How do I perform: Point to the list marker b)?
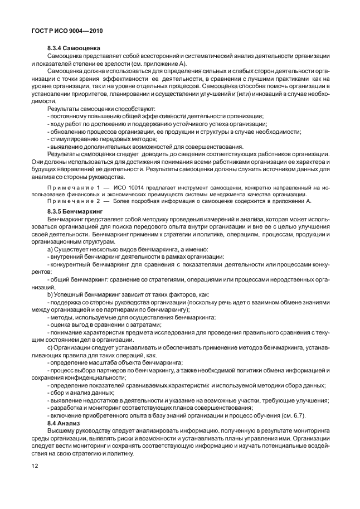[51, 293]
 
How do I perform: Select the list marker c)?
[51, 348]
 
